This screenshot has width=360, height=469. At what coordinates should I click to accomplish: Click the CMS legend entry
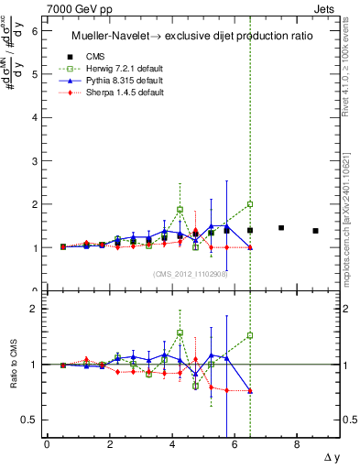pyautogui.click(x=94, y=56)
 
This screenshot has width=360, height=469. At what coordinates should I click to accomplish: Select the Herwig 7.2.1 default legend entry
pyautogui.click(x=122, y=69)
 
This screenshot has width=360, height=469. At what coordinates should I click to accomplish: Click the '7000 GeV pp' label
pyautogui.click(x=74, y=8)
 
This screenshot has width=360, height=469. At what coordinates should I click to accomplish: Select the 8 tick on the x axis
pyautogui.click(x=297, y=444)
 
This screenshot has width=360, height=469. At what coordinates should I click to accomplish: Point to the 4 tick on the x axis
pyautogui.click(x=171, y=444)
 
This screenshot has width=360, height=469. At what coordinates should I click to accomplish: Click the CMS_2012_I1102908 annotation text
pyautogui.click(x=191, y=273)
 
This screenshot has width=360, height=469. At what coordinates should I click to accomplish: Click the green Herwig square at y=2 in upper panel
pyautogui.click(x=250, y=204)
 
